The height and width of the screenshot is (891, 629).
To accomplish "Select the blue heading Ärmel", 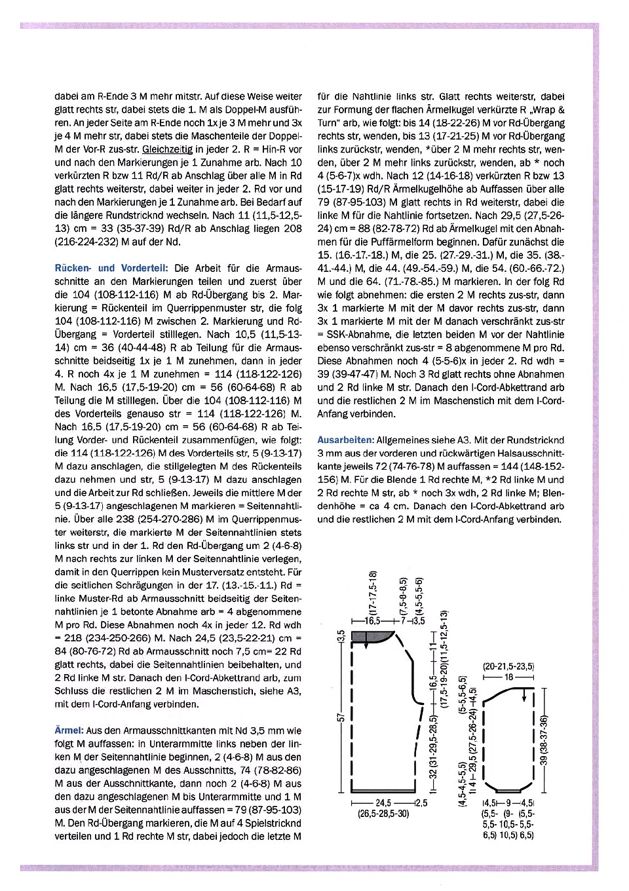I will click(69, 730).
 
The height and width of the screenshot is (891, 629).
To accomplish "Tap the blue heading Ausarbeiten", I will click(346, 440).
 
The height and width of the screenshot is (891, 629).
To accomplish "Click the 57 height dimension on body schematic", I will click(341, 718).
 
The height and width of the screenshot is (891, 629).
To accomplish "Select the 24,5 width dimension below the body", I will click(383, 803).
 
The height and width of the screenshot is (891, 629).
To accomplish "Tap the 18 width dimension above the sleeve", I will click(508, 677).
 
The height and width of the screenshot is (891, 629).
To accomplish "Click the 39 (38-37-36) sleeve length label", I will click(543, 740).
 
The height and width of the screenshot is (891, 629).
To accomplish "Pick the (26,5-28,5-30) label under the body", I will click(383, 814).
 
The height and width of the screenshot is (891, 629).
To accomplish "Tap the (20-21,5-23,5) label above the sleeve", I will click(508, 667).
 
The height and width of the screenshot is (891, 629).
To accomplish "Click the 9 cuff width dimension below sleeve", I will click(508, 803).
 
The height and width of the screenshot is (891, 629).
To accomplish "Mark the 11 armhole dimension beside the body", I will click(432, 647).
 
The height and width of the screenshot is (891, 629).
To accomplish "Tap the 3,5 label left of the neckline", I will click(341, 637).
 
